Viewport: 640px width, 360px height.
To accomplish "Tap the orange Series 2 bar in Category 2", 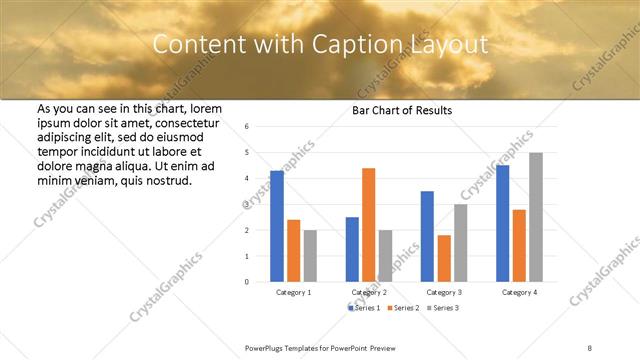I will [368, 225].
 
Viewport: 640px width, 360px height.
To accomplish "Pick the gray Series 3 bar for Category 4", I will [536, 217].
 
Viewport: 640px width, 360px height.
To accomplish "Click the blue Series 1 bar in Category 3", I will [427, 236].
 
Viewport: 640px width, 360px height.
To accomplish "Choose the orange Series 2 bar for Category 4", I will [519, 245].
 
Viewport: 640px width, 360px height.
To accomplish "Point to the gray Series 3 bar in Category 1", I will [311, 256].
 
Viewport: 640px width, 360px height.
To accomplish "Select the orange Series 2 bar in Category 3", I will [444, 258].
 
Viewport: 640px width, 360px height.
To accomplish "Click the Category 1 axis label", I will [293, 292].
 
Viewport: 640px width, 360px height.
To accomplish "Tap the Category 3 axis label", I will [444, 292].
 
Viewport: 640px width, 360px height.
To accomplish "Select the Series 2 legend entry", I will [404, 308].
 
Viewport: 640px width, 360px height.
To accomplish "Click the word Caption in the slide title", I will [340, 46].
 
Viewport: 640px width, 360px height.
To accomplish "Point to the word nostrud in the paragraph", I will [169, 181].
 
